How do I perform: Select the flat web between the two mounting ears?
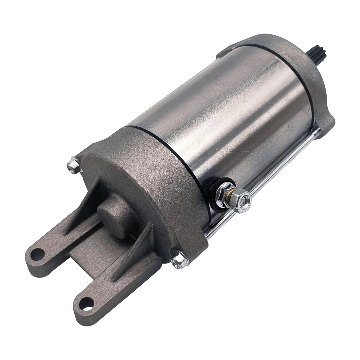(75, 255)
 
